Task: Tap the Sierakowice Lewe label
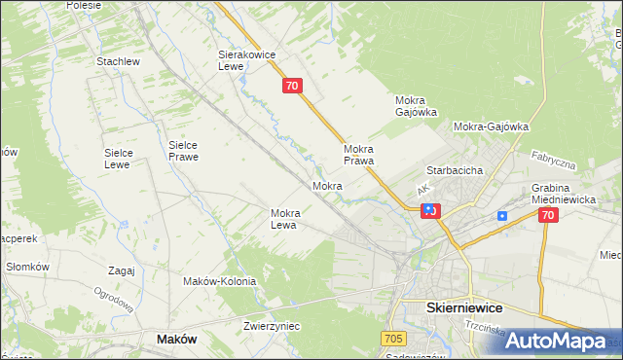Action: click(242, 61)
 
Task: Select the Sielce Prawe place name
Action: click(183, 150)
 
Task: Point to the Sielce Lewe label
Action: click(125, 159)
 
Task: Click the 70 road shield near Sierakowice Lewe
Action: click(293, 87)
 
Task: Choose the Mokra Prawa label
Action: click(359, 155)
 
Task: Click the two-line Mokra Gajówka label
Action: click(416, 106)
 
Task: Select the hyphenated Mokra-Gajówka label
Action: click(491, 126)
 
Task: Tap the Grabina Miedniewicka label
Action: click(564, 194)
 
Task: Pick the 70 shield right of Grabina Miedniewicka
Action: click(547, 216)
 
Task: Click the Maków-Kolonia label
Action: click(219, 281)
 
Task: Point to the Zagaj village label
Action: click(122, 270)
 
